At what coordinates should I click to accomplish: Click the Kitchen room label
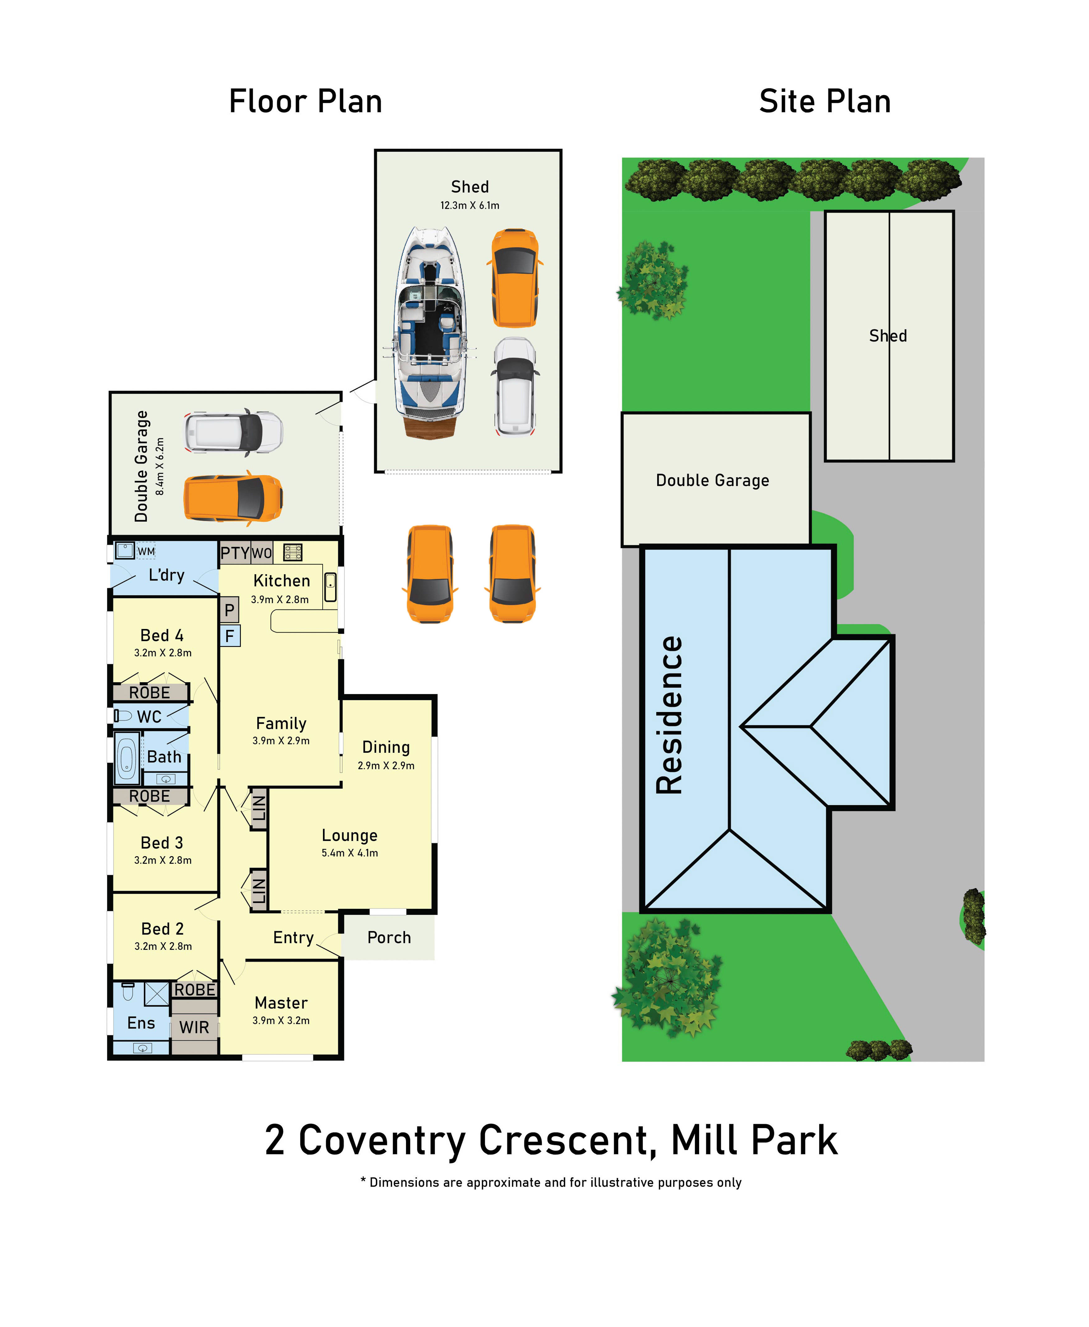coord(282,581)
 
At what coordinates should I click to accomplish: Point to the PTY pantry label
coord(235,553)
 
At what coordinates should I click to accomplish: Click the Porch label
coord(389,937)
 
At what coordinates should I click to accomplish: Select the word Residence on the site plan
coord(669,715)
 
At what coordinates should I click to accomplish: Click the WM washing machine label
coord(146,551)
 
